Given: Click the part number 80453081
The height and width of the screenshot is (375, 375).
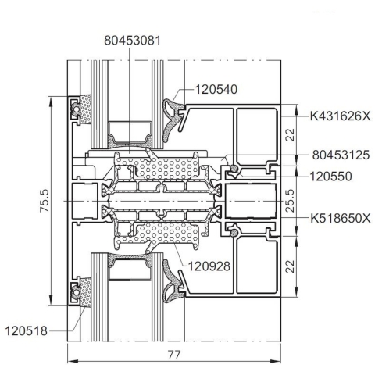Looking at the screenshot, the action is tap(132, 41).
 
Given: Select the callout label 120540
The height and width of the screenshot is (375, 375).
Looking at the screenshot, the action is tap(216, 89).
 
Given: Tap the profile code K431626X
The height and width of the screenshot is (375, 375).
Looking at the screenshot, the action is tap(340, 116).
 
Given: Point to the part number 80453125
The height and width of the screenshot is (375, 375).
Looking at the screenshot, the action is tap(341, 155).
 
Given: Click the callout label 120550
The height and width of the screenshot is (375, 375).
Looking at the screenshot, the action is tap(330, 177).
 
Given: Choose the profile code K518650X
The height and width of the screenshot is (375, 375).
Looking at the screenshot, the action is tap(341, 218).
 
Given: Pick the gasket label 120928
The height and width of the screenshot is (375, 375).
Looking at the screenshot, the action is tap(209, 266).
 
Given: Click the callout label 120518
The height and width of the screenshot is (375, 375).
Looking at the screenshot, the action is tap(26, 331).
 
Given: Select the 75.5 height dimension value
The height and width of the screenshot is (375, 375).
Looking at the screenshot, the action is tap(45, 201).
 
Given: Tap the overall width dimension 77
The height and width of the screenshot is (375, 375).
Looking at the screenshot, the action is tap(174, 355).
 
